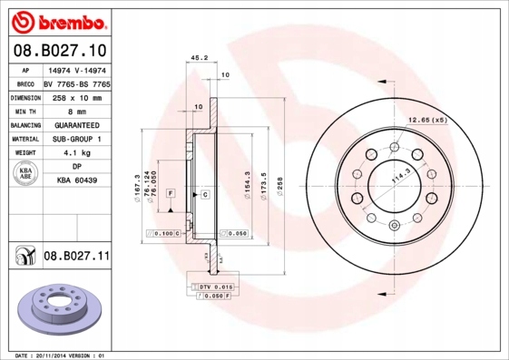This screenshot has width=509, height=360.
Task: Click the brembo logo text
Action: [x=63, y=20]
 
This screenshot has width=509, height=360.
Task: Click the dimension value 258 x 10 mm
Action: [x=76, y=97]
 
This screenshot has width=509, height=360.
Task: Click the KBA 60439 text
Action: [x=77, y=180]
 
